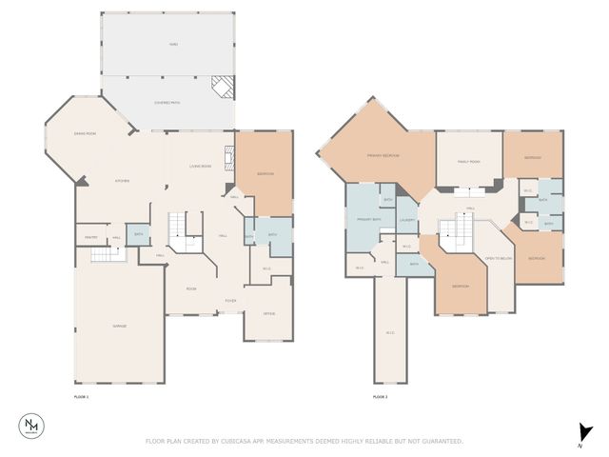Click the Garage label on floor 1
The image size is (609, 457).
point(120,326)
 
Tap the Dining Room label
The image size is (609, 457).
point(86,134)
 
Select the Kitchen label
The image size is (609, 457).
point(122,181)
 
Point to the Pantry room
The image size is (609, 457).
point(93,237)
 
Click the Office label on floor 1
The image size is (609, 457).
point(269,313)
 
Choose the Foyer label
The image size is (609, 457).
point(229,300)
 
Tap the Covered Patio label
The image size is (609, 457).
point(167,102)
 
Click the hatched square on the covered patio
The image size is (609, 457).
point(222,87)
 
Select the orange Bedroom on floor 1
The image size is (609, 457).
point(265,174)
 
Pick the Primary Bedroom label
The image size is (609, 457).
point(383,155)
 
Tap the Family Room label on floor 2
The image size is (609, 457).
point(468,162)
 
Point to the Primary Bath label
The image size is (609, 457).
point(368,220)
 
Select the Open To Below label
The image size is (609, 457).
point(499,258)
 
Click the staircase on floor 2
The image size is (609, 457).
point(455,230)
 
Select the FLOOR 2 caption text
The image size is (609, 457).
point(380,396)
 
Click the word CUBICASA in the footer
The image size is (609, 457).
point(240,441)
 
